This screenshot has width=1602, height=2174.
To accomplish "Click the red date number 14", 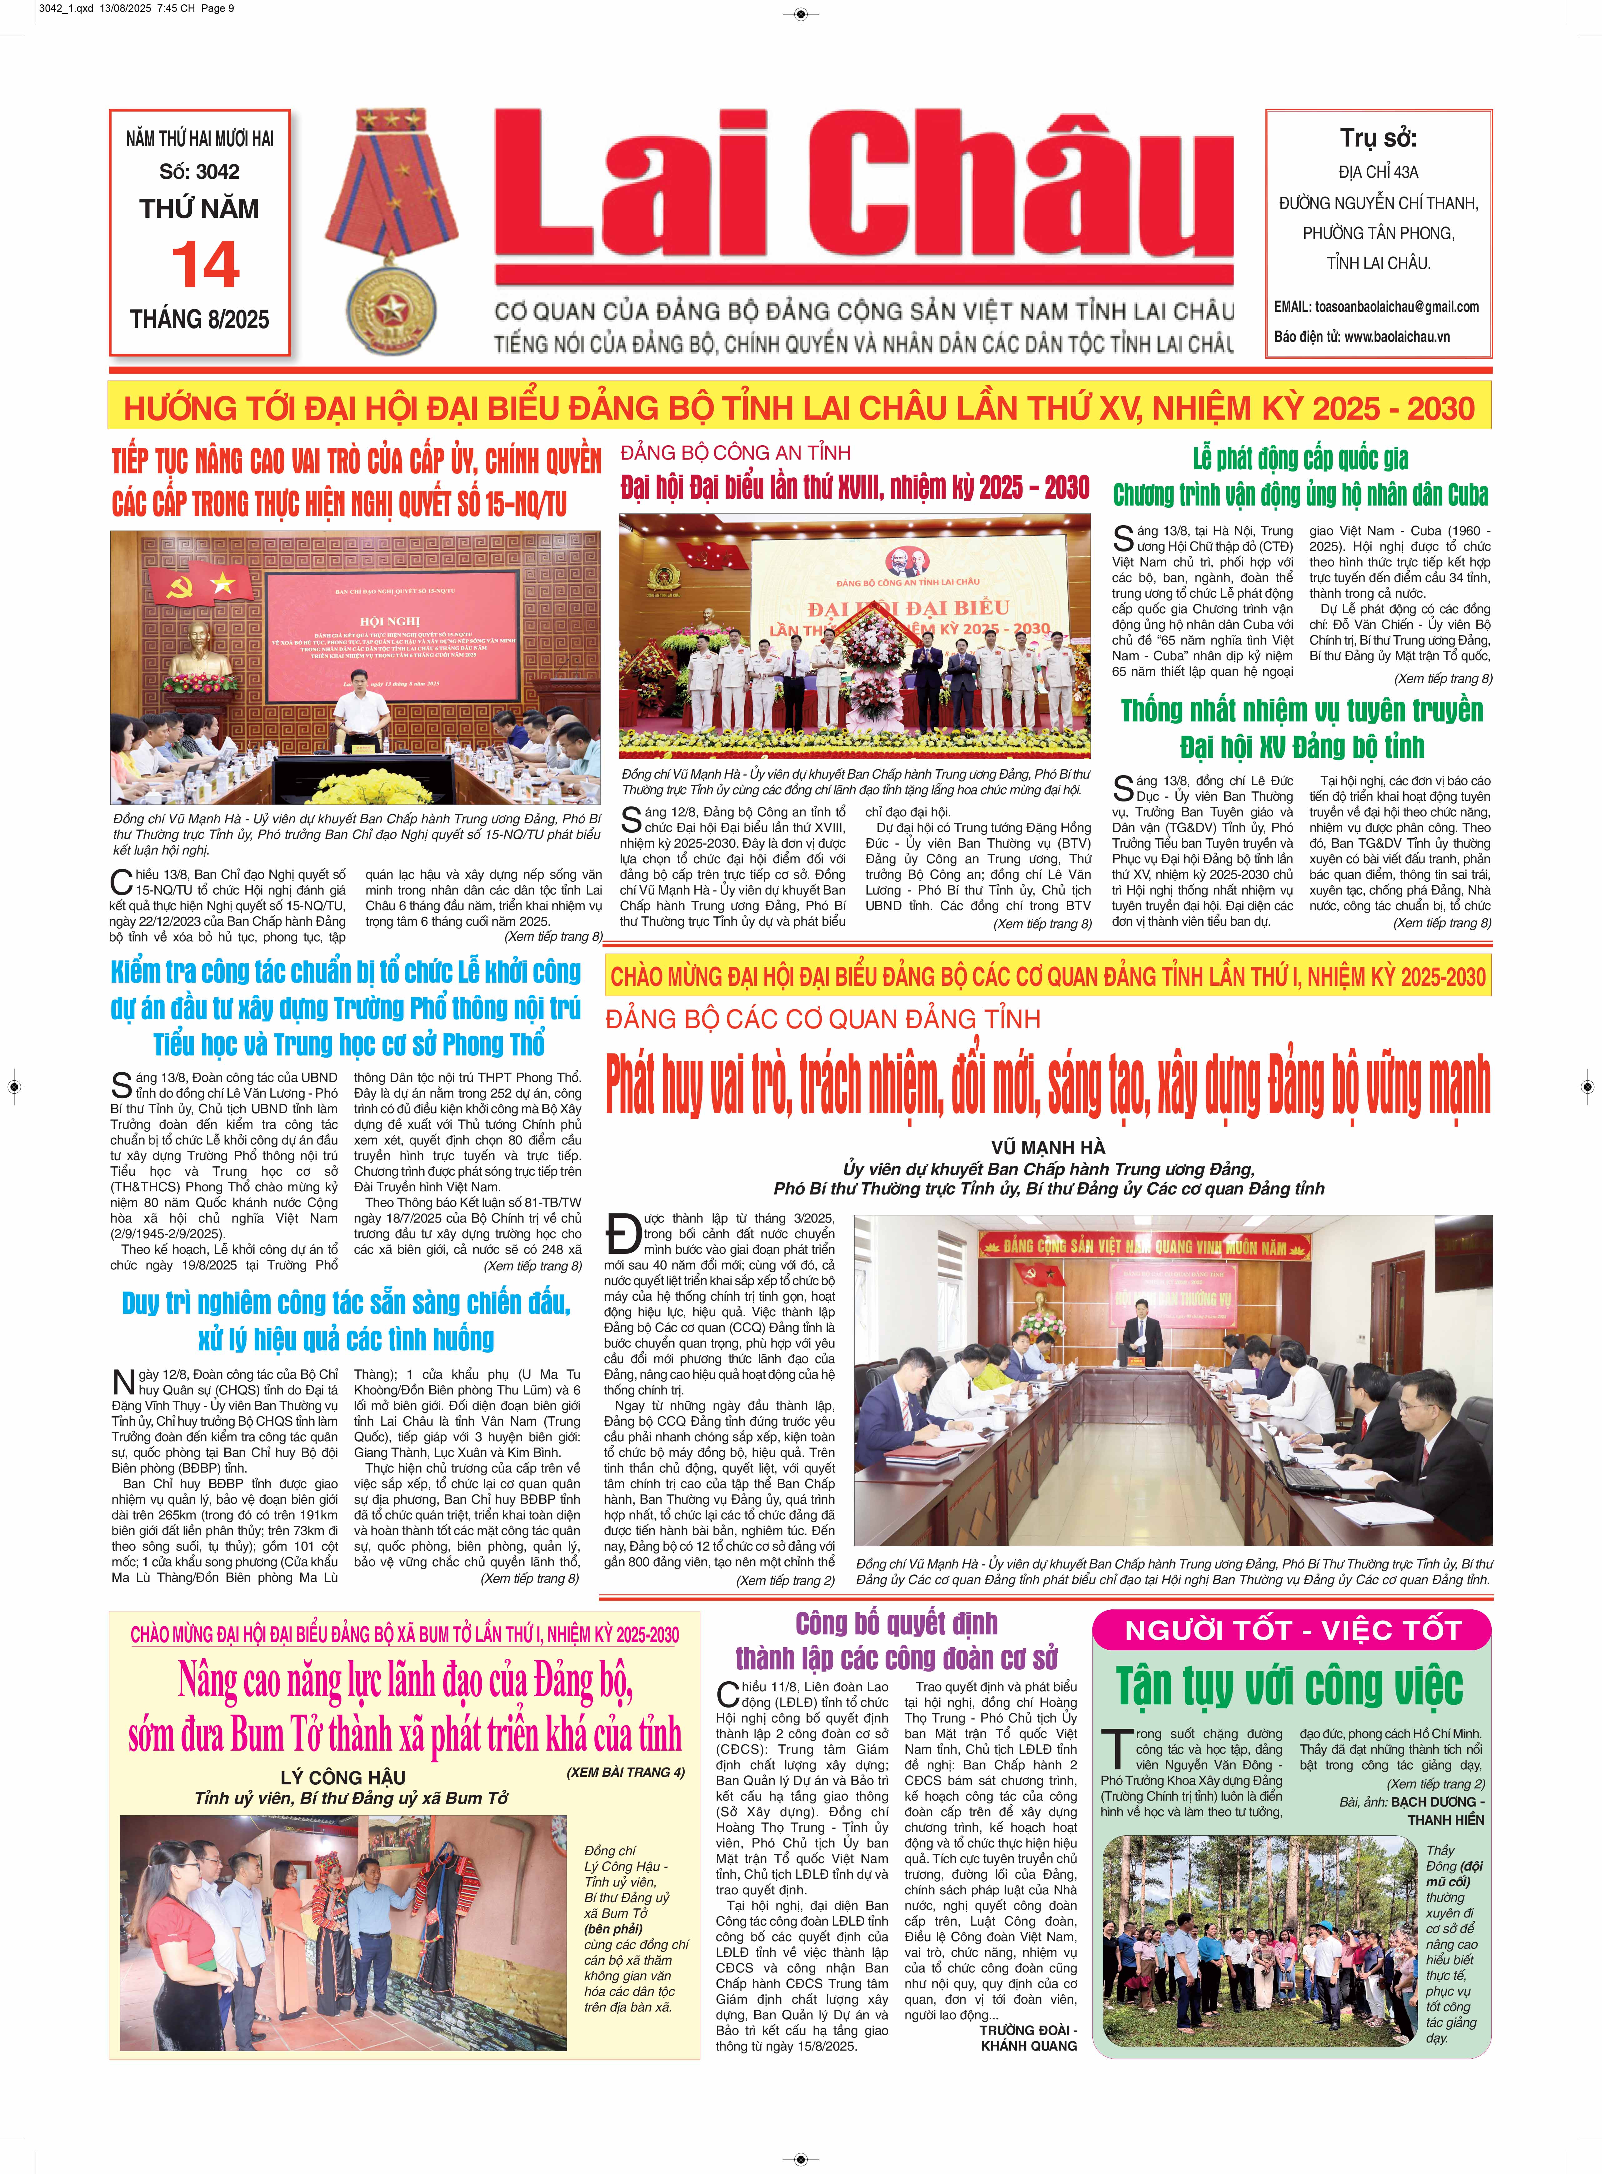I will click(205, 265).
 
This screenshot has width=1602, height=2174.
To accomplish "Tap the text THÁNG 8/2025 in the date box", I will click(200, 320).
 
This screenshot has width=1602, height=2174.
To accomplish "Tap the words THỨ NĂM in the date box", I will click(200, 208).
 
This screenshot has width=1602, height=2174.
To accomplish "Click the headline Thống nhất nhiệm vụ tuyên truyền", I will click(1301, 711).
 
